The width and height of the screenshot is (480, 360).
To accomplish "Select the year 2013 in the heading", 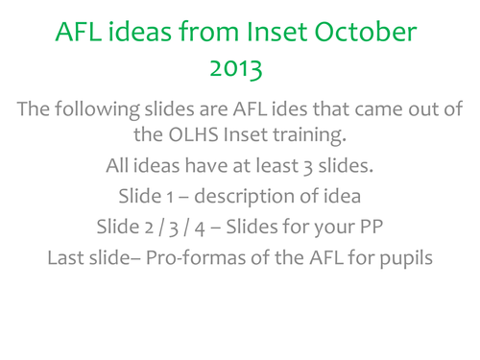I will (x=239, y=71).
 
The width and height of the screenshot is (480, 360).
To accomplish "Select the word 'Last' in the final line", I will (x=67, y=258).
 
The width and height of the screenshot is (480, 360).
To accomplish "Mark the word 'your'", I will (x=328, y=228).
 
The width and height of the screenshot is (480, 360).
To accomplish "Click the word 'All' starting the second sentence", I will (x=120, y=167).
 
